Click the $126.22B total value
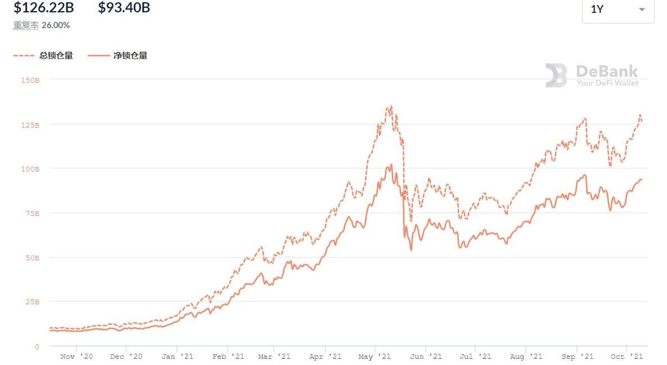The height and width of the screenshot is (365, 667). tap(43, 8)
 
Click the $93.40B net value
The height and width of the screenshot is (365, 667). tap(124, 8)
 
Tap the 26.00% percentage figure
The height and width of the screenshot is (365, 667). tap(56, 25)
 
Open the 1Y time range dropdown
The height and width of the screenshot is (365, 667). tap(618, 10)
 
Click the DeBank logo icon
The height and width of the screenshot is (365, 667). tap(556, 75)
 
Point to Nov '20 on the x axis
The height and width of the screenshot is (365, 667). tap(76, 357)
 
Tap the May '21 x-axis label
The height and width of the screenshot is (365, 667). tap(375, 357)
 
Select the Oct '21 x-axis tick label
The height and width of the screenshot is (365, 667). tap(627, 357)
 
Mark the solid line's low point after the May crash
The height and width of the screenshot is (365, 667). tap(411, 250)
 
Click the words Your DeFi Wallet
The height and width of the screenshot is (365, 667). tap(607, 83)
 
